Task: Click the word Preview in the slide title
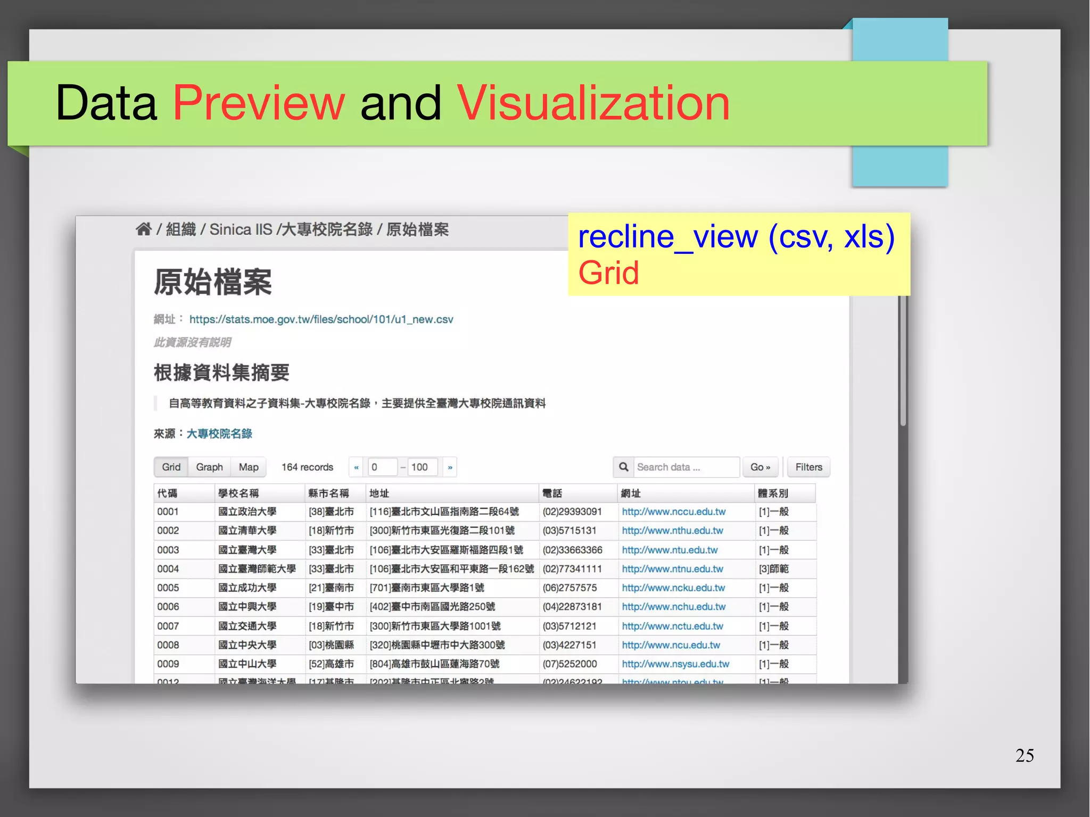tap(259, 103)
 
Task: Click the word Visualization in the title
tap(593, 103)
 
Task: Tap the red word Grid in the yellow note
tap(608, 273)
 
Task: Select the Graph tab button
tap(209, 467)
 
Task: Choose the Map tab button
tap(249, 467)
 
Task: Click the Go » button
tap(760, 467)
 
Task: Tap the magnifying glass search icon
tap(624, 467)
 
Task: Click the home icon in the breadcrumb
tap(144, 229)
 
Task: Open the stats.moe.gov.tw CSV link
tap(321, 319)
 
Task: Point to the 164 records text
tap(307, 467)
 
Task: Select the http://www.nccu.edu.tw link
tap(673, 512)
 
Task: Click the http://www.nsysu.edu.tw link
tap(675, 664)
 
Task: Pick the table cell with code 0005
tap(168, 588)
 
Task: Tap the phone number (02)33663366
tap(572, 550)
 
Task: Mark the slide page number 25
tap(1024, 755)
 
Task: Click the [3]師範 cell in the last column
tap(773, 569)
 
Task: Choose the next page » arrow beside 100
tap(450, 467)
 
